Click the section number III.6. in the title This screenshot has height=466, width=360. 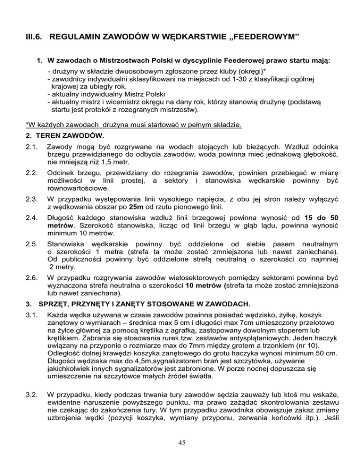pos(34,37)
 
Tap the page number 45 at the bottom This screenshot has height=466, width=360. pos(180,445)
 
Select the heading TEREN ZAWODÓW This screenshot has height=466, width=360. pos(64,136)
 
